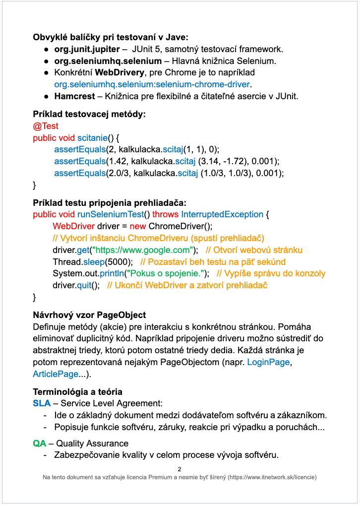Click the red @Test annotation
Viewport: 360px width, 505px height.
[46, 126]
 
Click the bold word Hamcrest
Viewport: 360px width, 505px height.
[72, 96]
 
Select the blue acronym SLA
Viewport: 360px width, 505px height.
[42, 403]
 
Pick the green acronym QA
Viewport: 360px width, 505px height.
[40, 443]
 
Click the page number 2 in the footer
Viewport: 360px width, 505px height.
[180, 469]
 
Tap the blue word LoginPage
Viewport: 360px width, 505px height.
[268, 362]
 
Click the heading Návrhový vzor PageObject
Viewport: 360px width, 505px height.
[89, 315]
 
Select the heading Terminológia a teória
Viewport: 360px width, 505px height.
[77, 391]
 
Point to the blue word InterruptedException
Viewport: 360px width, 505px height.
[222, 214]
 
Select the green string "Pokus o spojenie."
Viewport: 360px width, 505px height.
[166, 273]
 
